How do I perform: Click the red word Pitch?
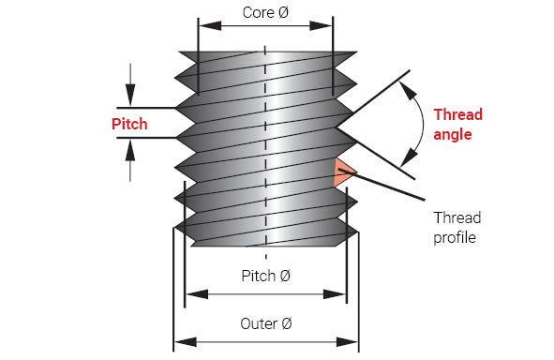click(x=129, y=125)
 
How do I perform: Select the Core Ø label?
click(x=265, y=13)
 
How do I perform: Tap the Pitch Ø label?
click(x=265, y=276)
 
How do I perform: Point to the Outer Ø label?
click(x=265, y=323)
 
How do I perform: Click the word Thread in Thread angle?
click(x=457, y=114)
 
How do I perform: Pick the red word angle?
click(x=453, y=135)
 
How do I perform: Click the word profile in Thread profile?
click(x=455, y=237)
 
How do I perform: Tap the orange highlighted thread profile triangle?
click(x=343, y=172)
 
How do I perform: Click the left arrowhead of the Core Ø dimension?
click(x=211, y=26)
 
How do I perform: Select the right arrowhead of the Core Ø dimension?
click(x=321, y=26)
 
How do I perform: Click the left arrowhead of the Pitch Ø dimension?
click(x=197, y=294)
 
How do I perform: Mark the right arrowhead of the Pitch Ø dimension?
click(x=334, y=294)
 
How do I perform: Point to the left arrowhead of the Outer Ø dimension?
click(x=186, y=342)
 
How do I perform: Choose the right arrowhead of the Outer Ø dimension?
click(x=347, y=342)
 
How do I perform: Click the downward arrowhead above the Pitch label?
click(x=130, y=95)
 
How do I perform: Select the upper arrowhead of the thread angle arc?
click(x=408, y=91)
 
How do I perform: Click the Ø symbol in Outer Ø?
click(x=286, y=323)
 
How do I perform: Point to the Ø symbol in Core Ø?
click(x=283, y=13)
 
